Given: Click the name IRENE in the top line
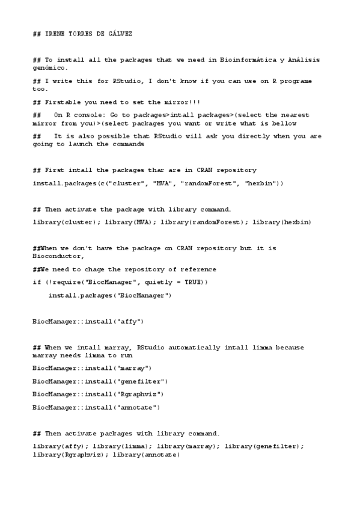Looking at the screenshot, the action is pyautogui.click(x=56, y=34).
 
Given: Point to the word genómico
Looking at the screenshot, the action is pyautogui.click(x=48, y=67).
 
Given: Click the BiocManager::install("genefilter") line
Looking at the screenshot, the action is pyautogui.click(x=100, y=381).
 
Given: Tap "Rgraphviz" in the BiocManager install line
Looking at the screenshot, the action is pyautogui.click(x=133, y=394).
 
